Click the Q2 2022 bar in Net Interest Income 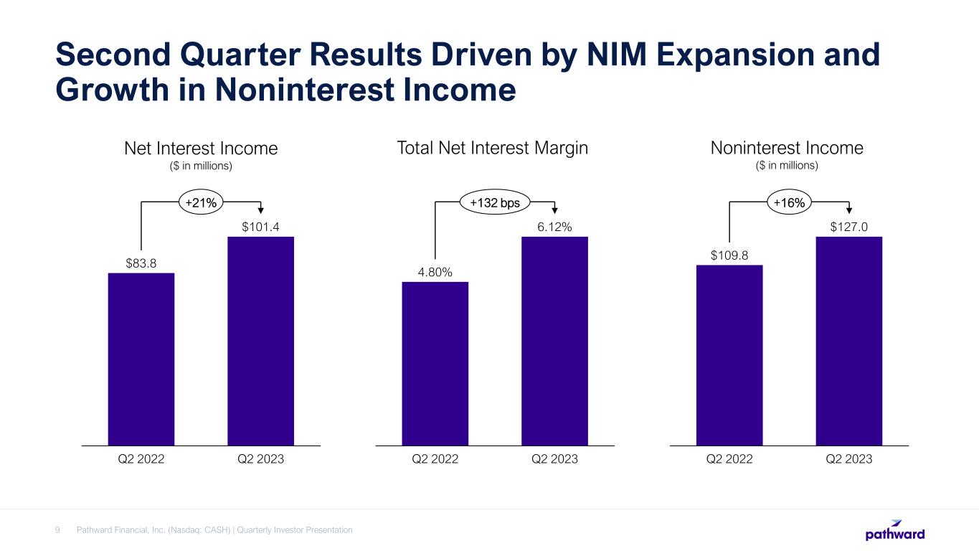141,359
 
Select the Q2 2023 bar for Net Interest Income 260,341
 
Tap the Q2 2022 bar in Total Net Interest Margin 435,363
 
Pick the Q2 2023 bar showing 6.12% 554,341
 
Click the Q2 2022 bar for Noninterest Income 729,355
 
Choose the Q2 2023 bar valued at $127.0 849,341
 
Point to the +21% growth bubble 201,204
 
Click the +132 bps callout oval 495,204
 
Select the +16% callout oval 789,204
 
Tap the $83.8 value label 141,263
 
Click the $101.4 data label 260,227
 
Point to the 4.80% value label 435,272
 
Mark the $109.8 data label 729,255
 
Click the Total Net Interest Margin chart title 492,149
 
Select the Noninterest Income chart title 787,149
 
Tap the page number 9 57,530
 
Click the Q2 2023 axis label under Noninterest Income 849,459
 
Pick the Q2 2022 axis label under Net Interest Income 141,459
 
